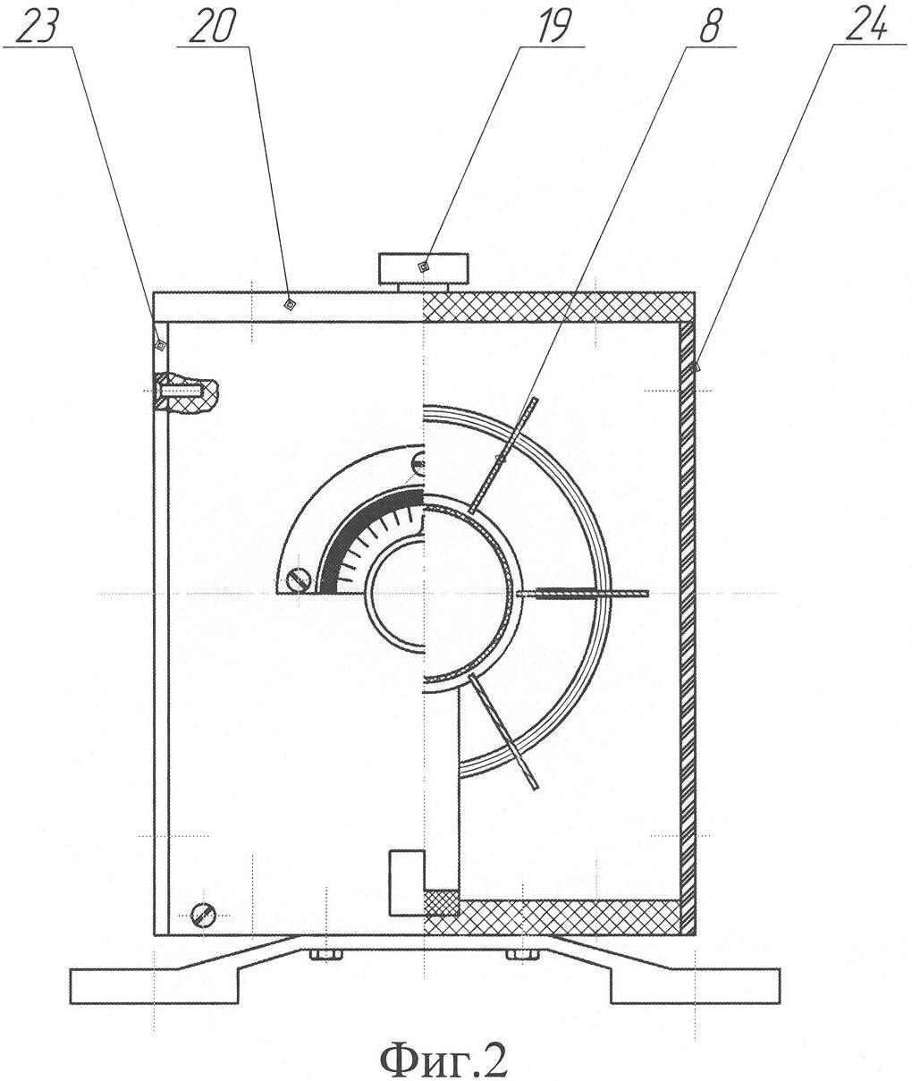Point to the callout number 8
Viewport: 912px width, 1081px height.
pos(710,26)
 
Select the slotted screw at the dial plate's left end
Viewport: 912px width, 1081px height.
pos(299,580)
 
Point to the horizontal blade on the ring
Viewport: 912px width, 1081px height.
pos(583,594)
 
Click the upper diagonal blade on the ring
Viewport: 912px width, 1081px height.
pos(504,456)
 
